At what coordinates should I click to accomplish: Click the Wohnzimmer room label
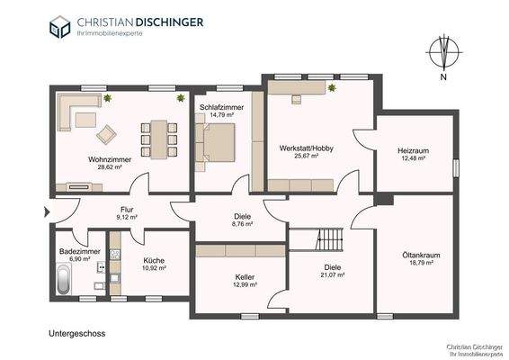tap(110, 159)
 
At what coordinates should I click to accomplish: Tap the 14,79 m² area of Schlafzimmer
tap(222, 114)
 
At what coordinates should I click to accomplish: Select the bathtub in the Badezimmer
tap(64, 279)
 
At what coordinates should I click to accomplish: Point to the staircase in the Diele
tap(329, 239)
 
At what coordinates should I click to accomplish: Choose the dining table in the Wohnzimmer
tap(159, 139)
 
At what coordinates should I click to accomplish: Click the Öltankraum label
tap(421, 255)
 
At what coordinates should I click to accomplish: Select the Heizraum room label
tap(414, 150)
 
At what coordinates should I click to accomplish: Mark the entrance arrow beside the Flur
tap(47, 212)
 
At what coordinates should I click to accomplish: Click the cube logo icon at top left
tap(59, 27)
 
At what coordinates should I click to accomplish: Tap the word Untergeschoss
tap(77, 334)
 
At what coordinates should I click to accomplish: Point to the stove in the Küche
tap(114, 254)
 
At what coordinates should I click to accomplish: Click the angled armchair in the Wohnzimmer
tap(106, 134)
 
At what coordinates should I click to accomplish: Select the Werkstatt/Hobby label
tap(306, 148)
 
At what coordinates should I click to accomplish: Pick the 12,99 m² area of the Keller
tap(246, 284)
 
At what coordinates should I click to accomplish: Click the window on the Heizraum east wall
tap(456, 168)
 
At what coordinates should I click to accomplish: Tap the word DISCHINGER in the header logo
tap(169, 22)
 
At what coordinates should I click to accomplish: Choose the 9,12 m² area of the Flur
tap(127, 218)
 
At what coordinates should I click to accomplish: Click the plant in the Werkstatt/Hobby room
tap(332, 87)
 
